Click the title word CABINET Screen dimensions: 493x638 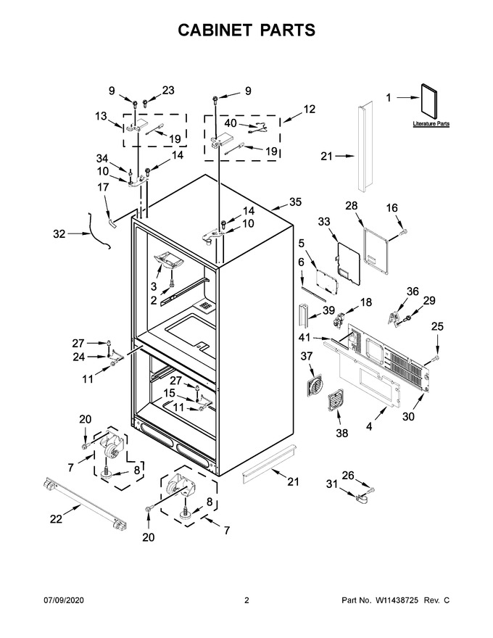coord(213,30)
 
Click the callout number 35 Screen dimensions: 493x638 coord(295,202)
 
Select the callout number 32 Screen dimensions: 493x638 coord(59,234)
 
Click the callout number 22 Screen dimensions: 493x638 coord(56,519)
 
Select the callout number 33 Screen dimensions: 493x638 coord(324,222)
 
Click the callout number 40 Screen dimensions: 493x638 coord(231,123)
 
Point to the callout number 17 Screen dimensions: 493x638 coord(104,187)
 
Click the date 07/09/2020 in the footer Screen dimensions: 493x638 coord(64,600)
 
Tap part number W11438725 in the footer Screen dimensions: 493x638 coord(397,600)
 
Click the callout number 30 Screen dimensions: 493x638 coord(408,416)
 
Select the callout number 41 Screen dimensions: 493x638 coord(304,337)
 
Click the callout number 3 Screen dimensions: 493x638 coord(154,286)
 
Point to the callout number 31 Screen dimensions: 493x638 coord(332,484)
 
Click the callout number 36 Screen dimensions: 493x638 coord(413,291)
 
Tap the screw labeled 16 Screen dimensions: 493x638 coord(403,232)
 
